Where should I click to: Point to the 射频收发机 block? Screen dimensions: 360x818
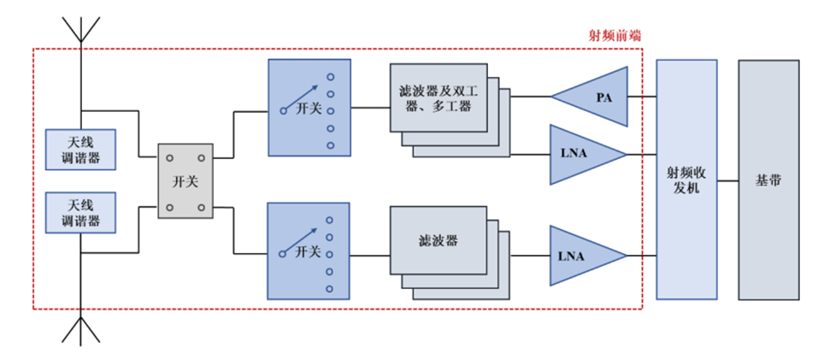coord(686,180)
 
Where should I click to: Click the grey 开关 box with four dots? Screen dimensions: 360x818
coord(185,181)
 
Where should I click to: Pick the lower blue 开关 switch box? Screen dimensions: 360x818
coord(309,251)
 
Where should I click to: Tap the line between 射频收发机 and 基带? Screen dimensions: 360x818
coord(727,180)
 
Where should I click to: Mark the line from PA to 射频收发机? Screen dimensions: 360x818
coord(641,97)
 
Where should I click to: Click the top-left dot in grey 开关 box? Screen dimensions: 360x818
coord(170,158)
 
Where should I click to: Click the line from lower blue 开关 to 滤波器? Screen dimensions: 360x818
coord(369,254)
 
